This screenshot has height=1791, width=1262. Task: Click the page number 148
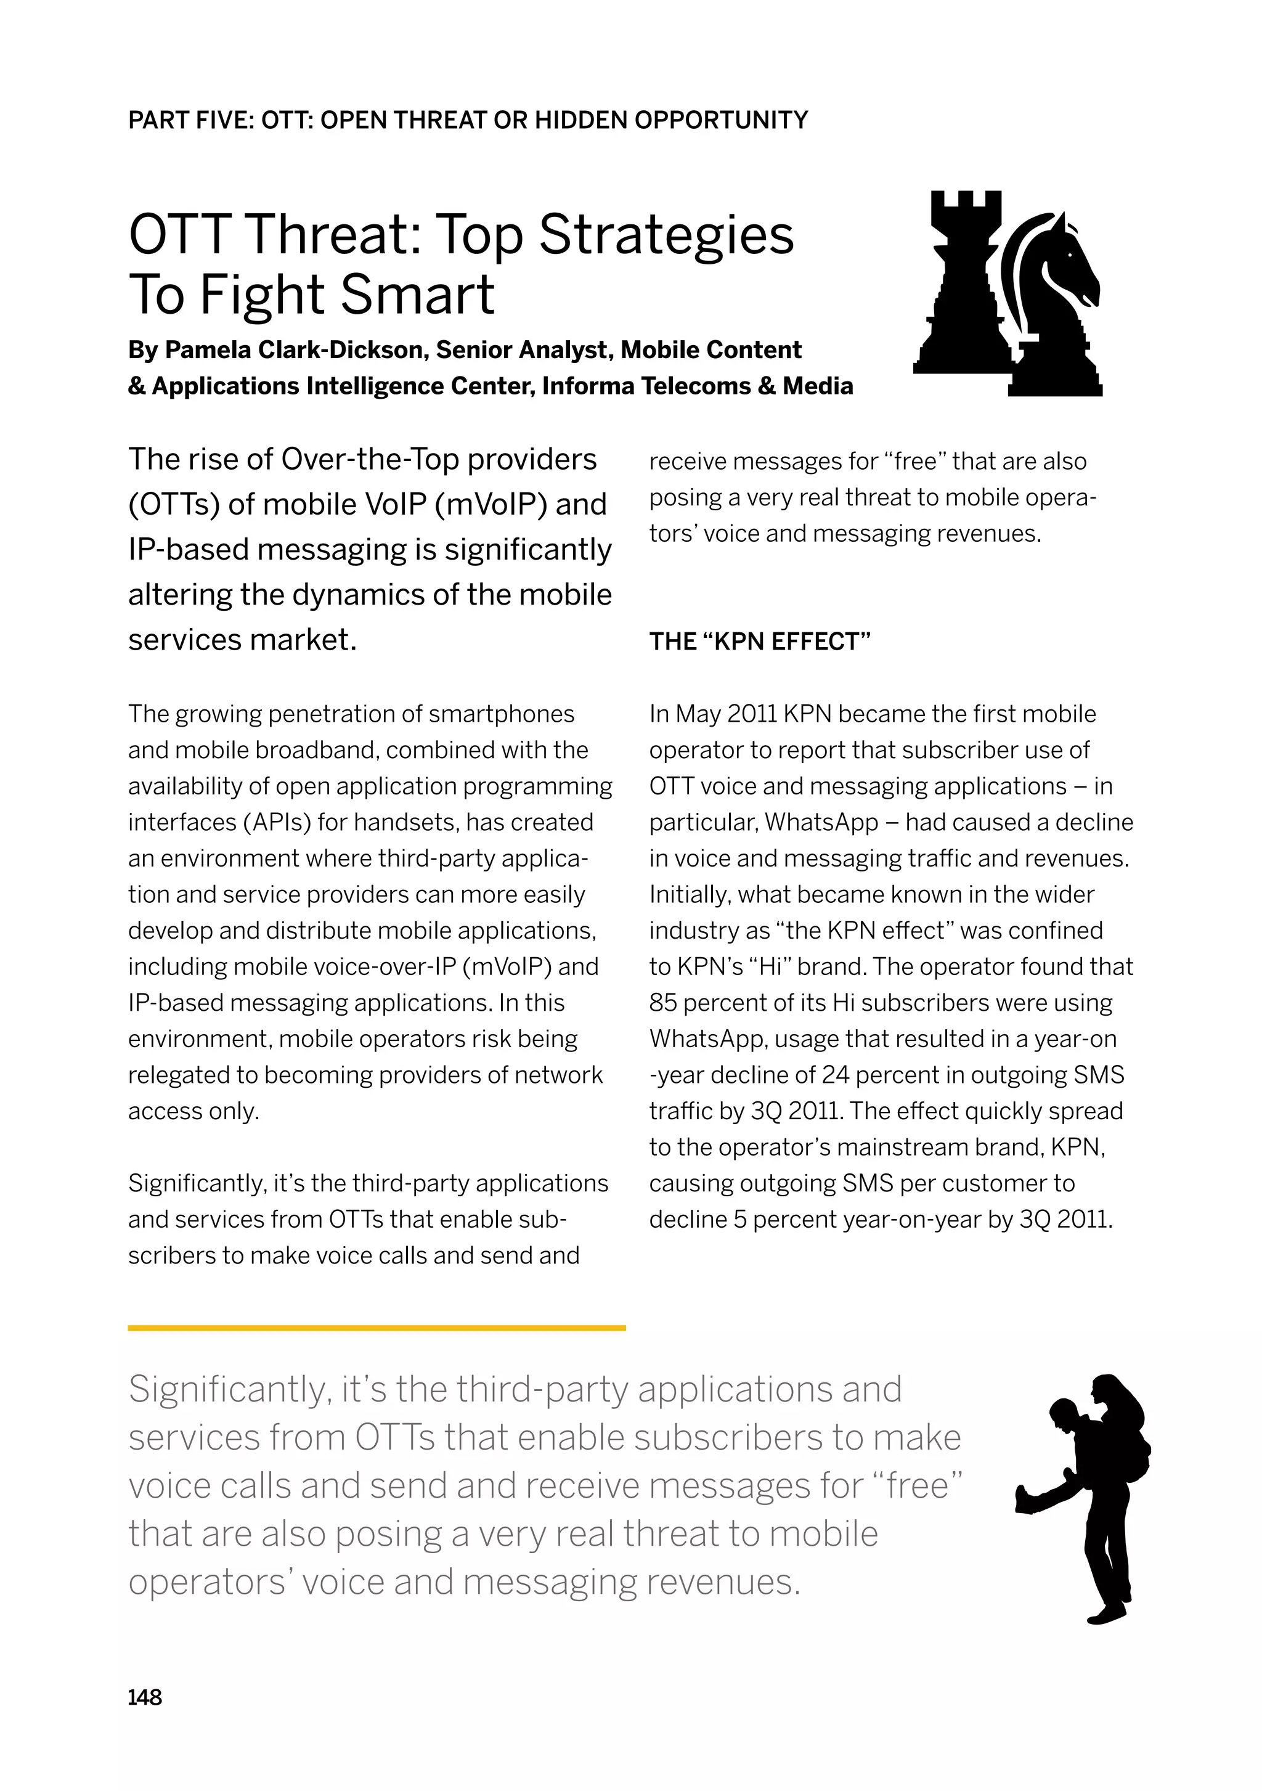coord(145,1697)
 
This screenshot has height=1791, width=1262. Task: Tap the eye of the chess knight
coord(1070,255)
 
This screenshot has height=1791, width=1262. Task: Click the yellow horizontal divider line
coord(377,1328)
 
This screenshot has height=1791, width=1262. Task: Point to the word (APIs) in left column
coord(275,822)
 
